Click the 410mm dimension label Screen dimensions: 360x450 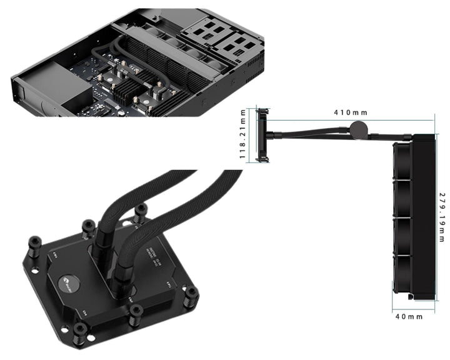pyautogui.click(x=351, y=112)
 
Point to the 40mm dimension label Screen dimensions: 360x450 pyautogui.click(x=409, y=317)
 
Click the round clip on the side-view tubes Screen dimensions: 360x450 pyautogui.click(x=358, y=129)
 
